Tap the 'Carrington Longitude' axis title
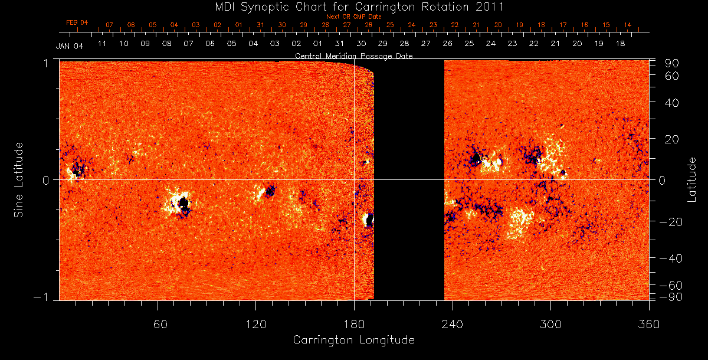coord(353,340)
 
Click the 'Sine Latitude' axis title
coord(19,179)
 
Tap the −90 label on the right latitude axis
coord(672,296)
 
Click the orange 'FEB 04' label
coord(77,22)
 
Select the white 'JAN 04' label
coord(70,47)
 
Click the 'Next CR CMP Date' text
coord(353,17)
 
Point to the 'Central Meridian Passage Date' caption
coord(353,55)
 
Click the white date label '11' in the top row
coord(101,43)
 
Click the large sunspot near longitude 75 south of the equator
coord(183,204)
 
